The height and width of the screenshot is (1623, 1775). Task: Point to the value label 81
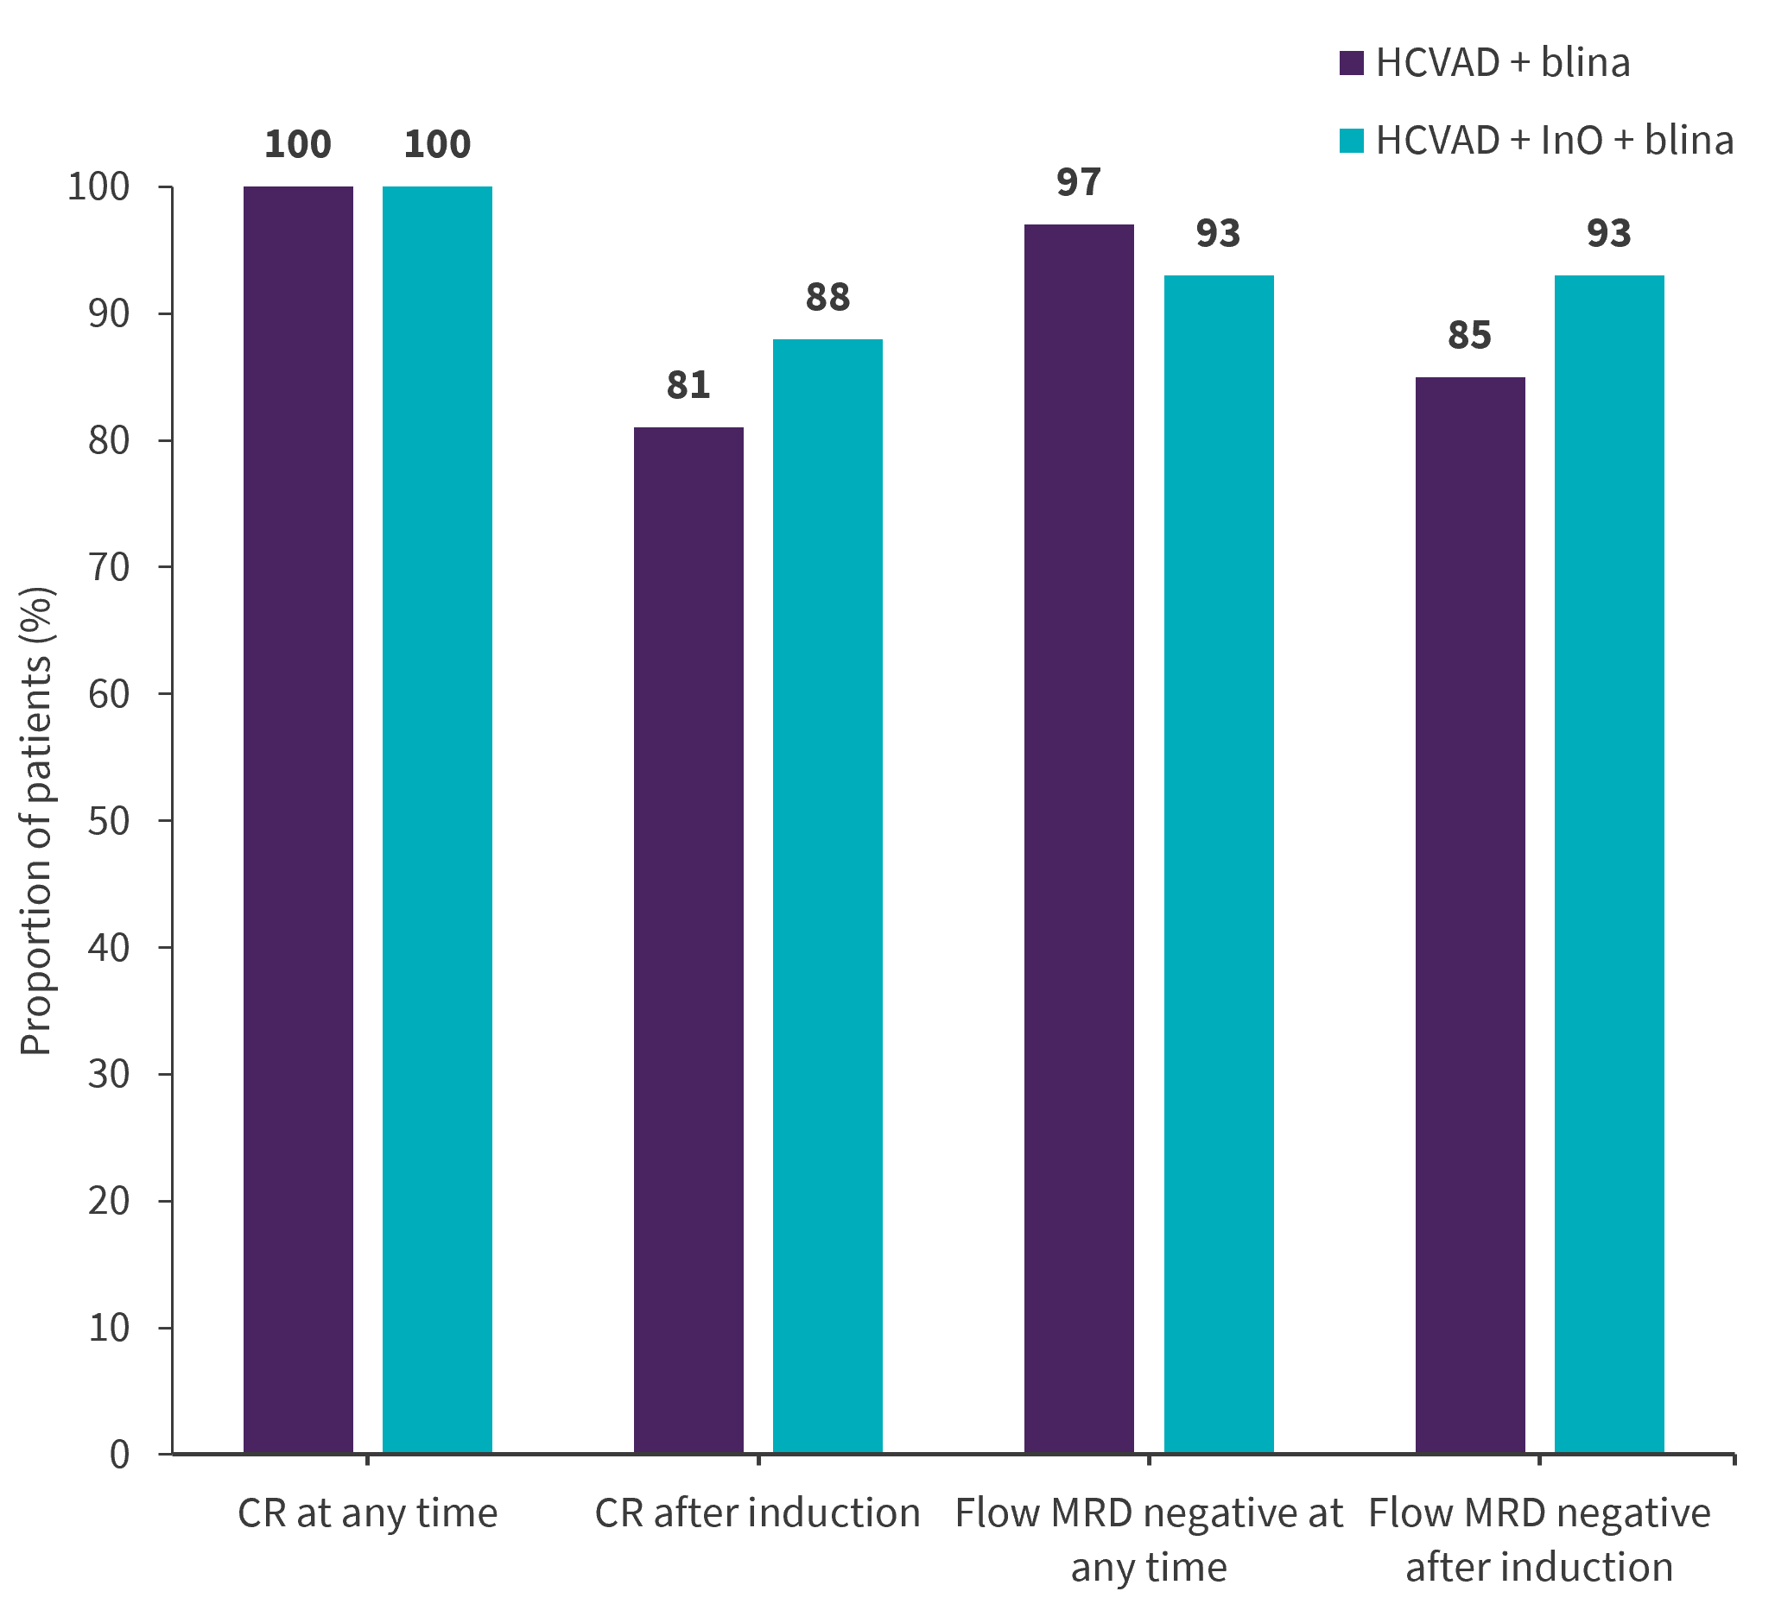(688, 386)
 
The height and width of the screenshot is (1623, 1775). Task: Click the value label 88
(827, 298)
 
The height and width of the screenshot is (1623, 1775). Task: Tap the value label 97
(1080, 182)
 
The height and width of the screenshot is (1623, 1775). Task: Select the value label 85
(1470, 335)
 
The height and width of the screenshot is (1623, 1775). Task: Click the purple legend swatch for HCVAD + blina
(1352, 63)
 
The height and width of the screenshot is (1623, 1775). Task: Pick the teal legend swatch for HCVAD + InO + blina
(1352, 141)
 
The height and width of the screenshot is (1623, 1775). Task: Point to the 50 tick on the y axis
(108, 821)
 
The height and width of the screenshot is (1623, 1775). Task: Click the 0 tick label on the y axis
(120, 1455)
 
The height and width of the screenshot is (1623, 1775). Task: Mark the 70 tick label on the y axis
(108, 568)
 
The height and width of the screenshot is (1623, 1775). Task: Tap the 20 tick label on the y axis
(108, 1202)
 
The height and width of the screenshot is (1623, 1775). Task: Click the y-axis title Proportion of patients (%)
(37, 820)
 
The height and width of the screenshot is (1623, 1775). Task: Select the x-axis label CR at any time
(368, 1514)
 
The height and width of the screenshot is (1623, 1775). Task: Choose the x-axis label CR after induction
(758, 1514)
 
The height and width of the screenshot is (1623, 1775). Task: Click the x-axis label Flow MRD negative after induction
(1540, 1540)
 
